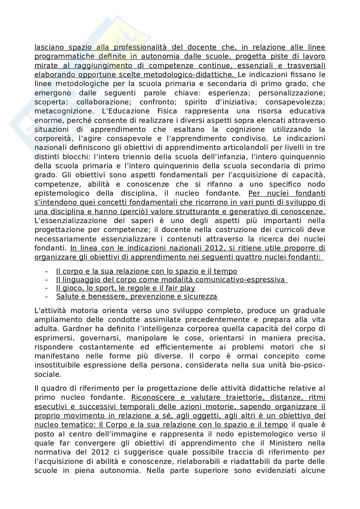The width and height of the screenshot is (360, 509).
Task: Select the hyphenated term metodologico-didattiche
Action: coord(196,75)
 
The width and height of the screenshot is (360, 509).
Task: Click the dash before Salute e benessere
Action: coord(47,297)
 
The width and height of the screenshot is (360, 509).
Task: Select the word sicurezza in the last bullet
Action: coord(202,297)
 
